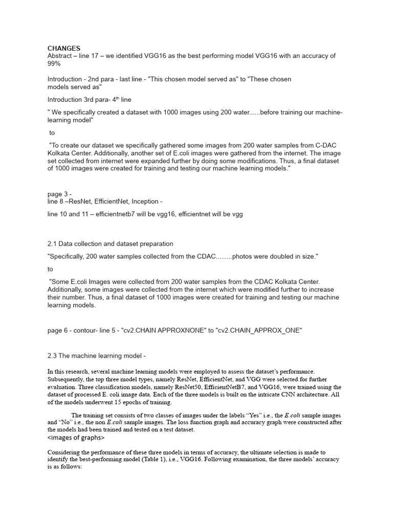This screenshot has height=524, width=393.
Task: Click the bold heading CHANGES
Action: pyautogui.click(x=64, y=48)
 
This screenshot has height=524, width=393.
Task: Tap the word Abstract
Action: pyautogui.click(x=61, y=56)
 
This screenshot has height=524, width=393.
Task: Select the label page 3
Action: pyautogui.click(x=59, y=194)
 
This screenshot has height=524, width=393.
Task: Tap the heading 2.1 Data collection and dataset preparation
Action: pyautogui.click(x=110, y=244)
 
